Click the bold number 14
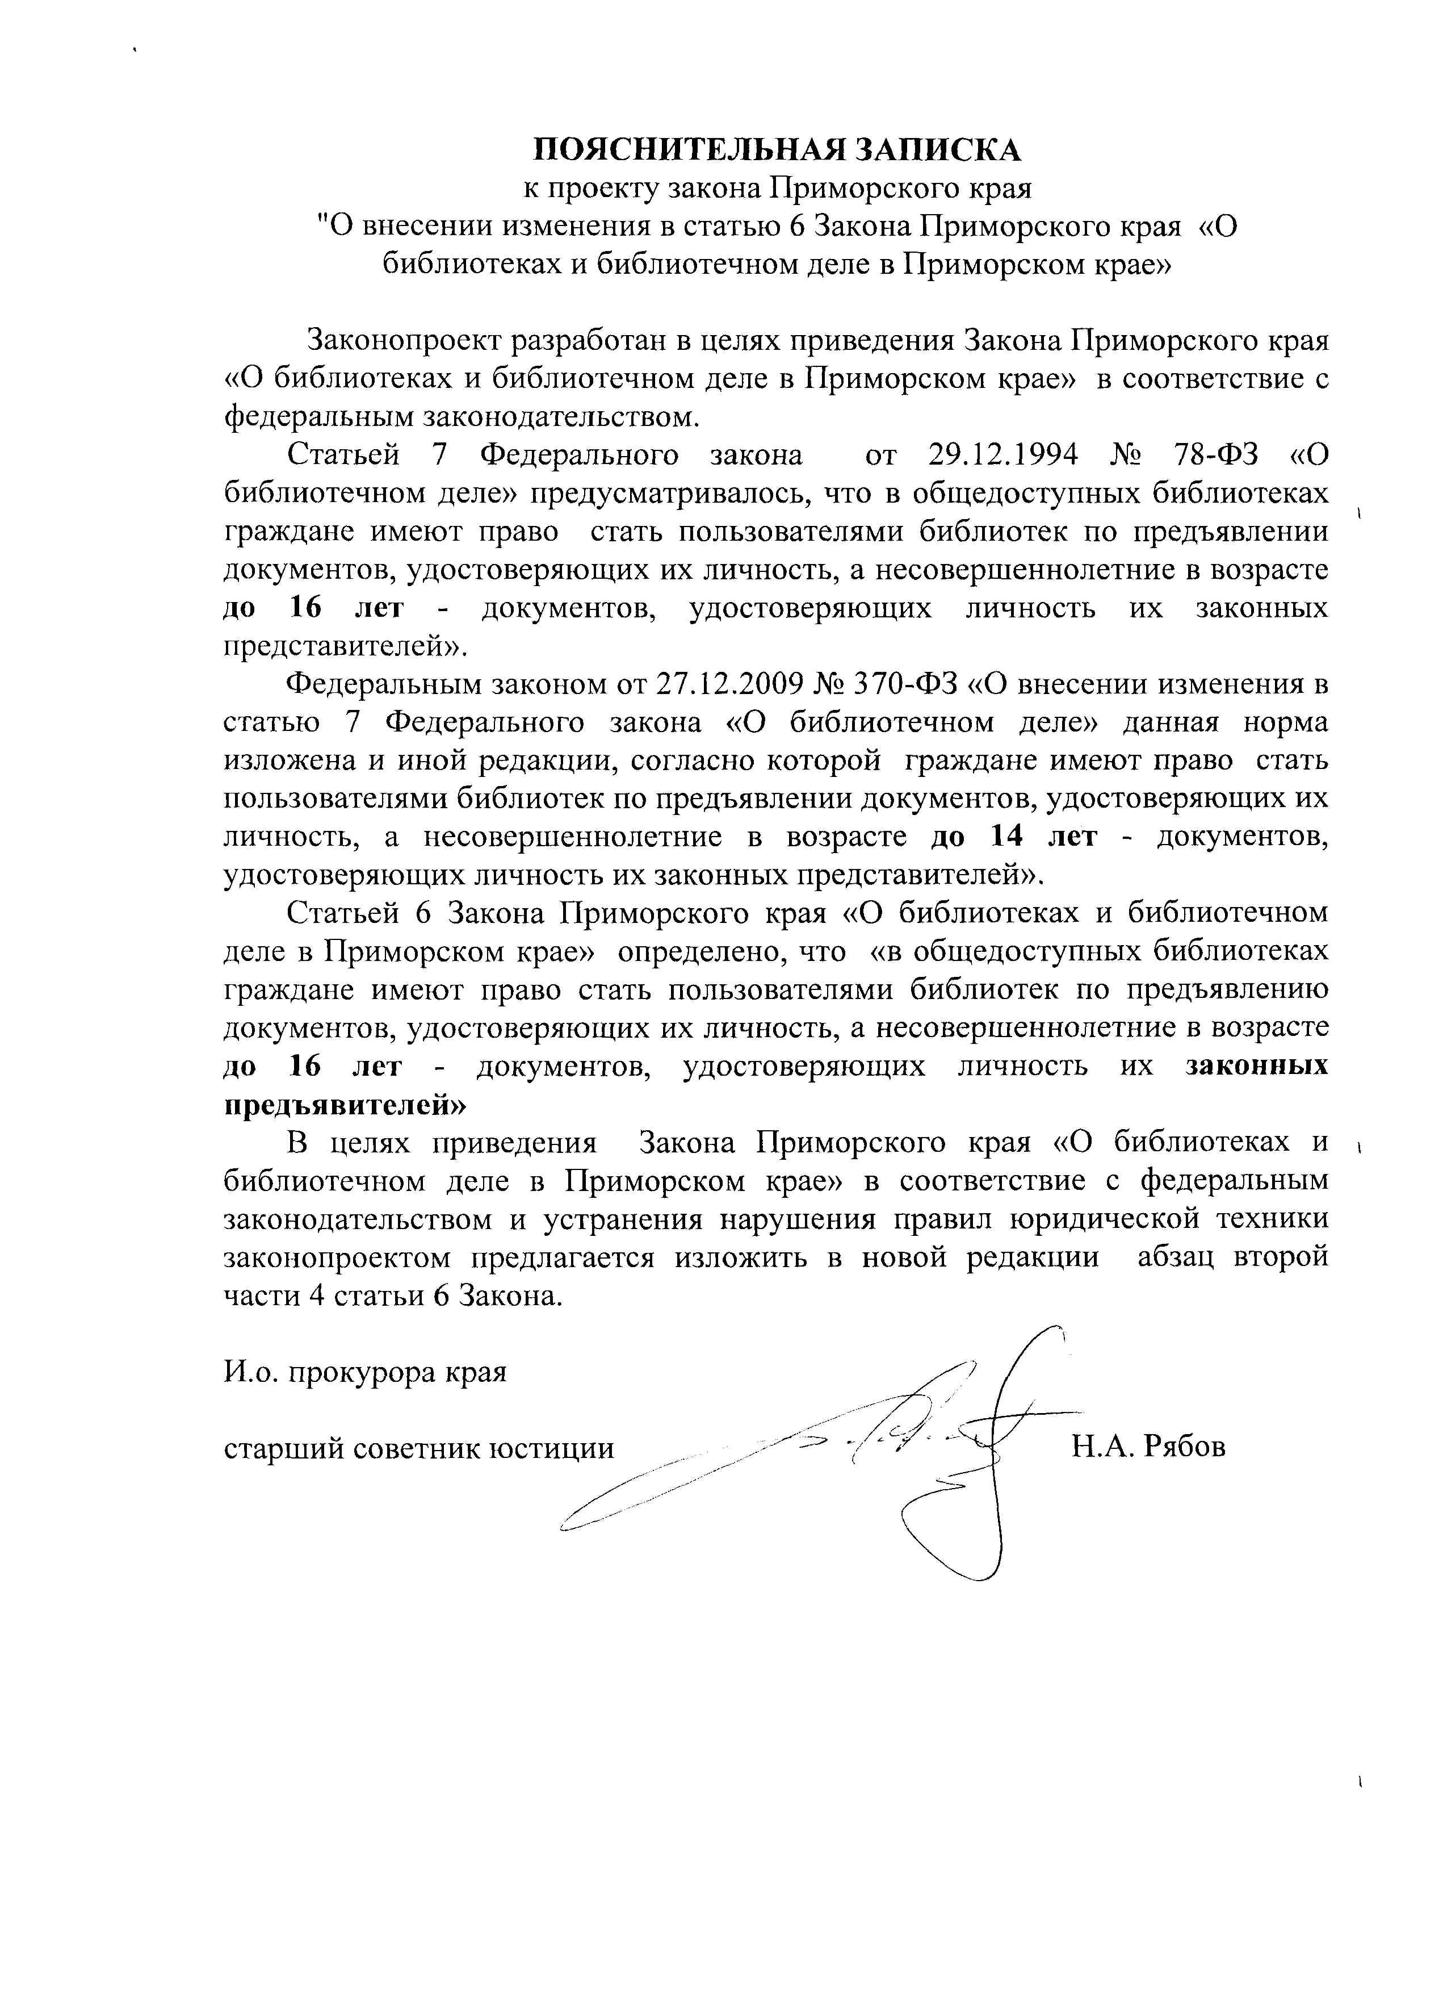point(1007,837)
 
